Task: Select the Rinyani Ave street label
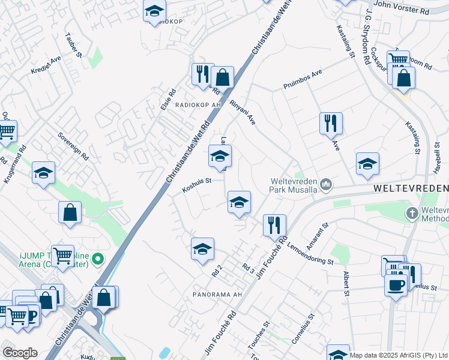(x=243, y=112)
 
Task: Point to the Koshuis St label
(x=197, y=185)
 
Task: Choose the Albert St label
(x=346, y=283)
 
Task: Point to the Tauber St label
(x=73, y=47)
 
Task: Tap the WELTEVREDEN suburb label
(x=411, y=188)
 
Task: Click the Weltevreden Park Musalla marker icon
(x=326, y=184)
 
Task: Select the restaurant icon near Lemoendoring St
(x=274, y=225)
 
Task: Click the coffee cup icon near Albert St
(x=396, y=283)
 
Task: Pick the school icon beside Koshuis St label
(x=220, y=157)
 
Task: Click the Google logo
(x=20, y=353)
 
